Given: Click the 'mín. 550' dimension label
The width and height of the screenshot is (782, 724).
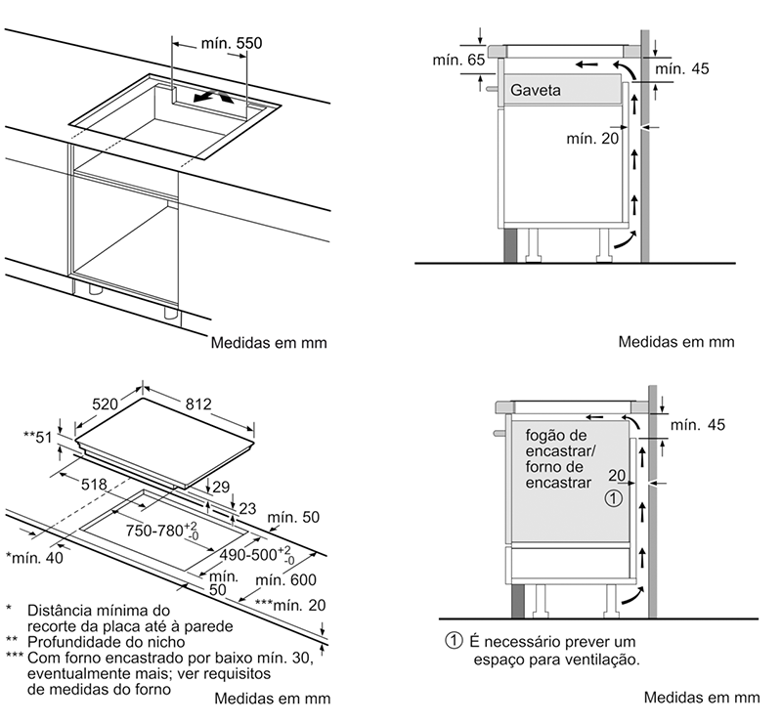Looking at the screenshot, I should coord(231,43).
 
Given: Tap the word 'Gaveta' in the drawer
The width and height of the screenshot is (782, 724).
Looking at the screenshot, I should coord(535,91).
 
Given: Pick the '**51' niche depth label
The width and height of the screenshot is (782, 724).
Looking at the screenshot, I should coord(39,437).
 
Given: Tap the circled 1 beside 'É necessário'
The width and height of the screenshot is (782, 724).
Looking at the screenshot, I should coord(452,641).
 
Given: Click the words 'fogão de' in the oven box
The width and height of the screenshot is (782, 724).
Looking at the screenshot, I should coord(556,435).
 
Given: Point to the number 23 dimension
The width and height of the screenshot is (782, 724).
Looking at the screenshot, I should coord(246,508).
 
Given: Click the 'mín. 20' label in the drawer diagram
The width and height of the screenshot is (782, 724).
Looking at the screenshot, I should coord(592,139).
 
